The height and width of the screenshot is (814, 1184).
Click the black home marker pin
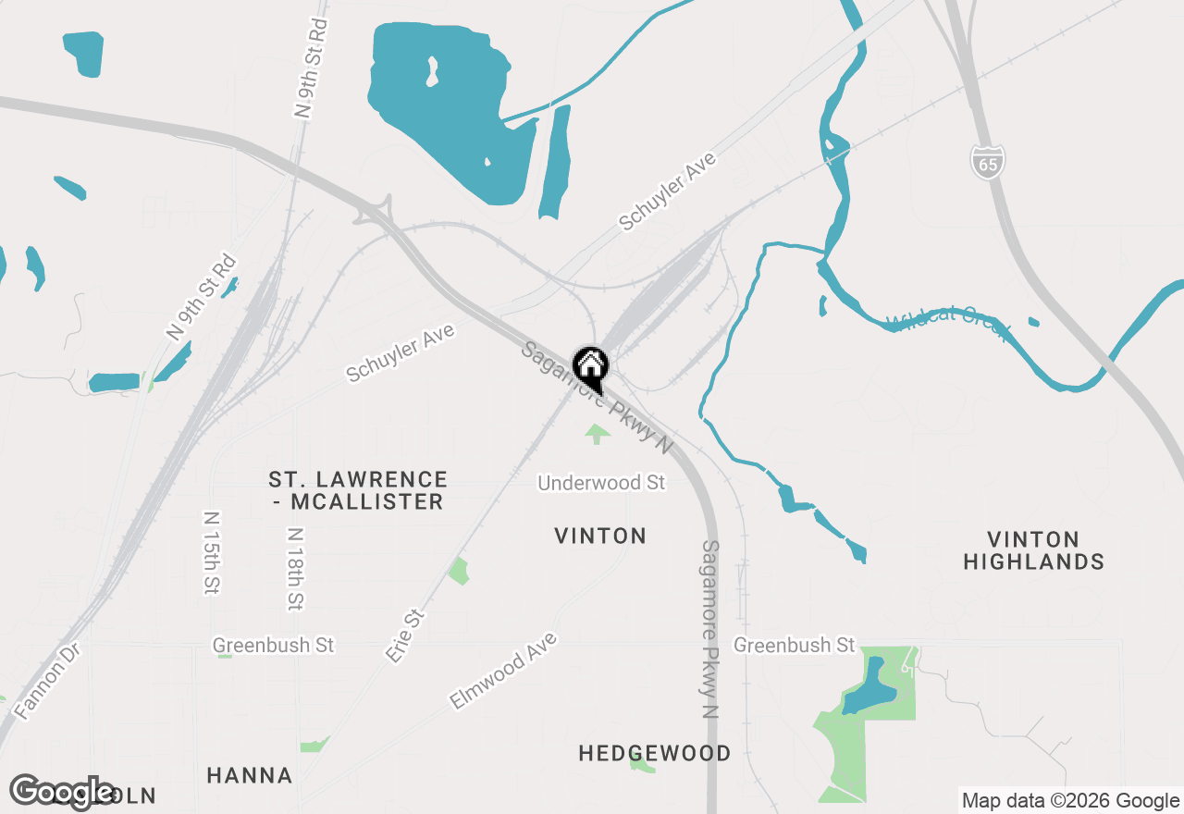point(590,368)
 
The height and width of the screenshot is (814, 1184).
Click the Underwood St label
point(601,483)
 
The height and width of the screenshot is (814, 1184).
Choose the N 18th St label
point(295,569)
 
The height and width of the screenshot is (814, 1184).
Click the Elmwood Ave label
point(504,671)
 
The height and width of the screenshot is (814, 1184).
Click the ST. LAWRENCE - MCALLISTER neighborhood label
point(358,490)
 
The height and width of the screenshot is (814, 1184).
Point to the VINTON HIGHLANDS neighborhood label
point(1033,550)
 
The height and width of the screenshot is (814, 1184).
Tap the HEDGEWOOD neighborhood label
point(654,753)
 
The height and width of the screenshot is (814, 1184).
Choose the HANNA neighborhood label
point(249,775)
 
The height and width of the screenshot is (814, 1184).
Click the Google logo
point(62,792)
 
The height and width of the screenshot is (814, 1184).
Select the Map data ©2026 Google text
point(1070,801)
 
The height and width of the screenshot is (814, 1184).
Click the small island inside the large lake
point(432,71)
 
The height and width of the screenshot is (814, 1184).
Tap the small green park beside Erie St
point(459,571)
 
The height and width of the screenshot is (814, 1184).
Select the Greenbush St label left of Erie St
point(273,645)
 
